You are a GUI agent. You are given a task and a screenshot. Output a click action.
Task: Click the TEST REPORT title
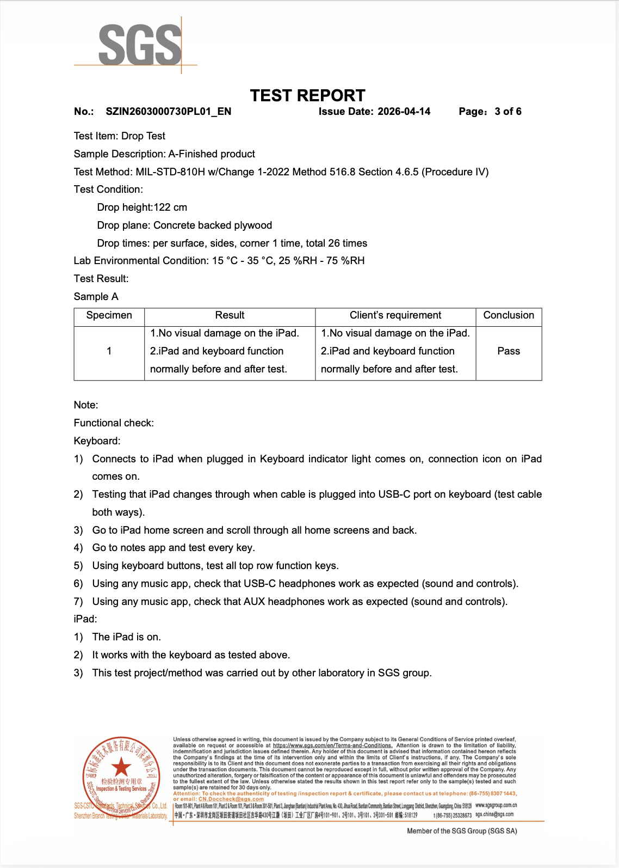click(x=307, y=96)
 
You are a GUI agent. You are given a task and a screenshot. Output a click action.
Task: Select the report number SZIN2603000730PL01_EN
click(x=168, y=112)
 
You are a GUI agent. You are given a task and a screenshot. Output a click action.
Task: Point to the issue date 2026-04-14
click(x=404, y=112)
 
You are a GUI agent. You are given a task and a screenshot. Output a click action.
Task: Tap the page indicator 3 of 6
click(x=507, y=112)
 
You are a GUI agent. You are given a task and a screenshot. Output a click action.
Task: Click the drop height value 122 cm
click(x=170, y=207)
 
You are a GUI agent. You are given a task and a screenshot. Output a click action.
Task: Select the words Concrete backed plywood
click(x=213, y=225)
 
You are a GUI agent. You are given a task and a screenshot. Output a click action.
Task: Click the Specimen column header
click(x=109, y=315)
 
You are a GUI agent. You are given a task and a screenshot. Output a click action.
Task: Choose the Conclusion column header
click(x=509, y=315)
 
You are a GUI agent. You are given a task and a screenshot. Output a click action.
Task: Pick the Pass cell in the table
click(x=509, y=351)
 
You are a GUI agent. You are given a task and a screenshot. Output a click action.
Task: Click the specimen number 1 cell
click(x=109, y=351)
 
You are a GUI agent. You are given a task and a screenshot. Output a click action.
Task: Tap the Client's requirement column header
click(x=395, y=315)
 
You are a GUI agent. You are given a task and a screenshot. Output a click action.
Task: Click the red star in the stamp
click(x=121, y=767)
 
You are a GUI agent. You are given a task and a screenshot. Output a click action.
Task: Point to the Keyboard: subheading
click(x=97, y=441)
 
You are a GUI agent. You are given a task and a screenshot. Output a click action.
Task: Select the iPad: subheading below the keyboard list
click(x=85, y=619)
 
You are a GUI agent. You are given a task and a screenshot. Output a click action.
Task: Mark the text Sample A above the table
click(x=96, y=297)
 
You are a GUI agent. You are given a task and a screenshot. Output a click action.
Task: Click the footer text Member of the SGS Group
click(x=462, y=831)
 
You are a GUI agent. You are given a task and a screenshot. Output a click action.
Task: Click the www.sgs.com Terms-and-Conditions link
click(x=332, y=745)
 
